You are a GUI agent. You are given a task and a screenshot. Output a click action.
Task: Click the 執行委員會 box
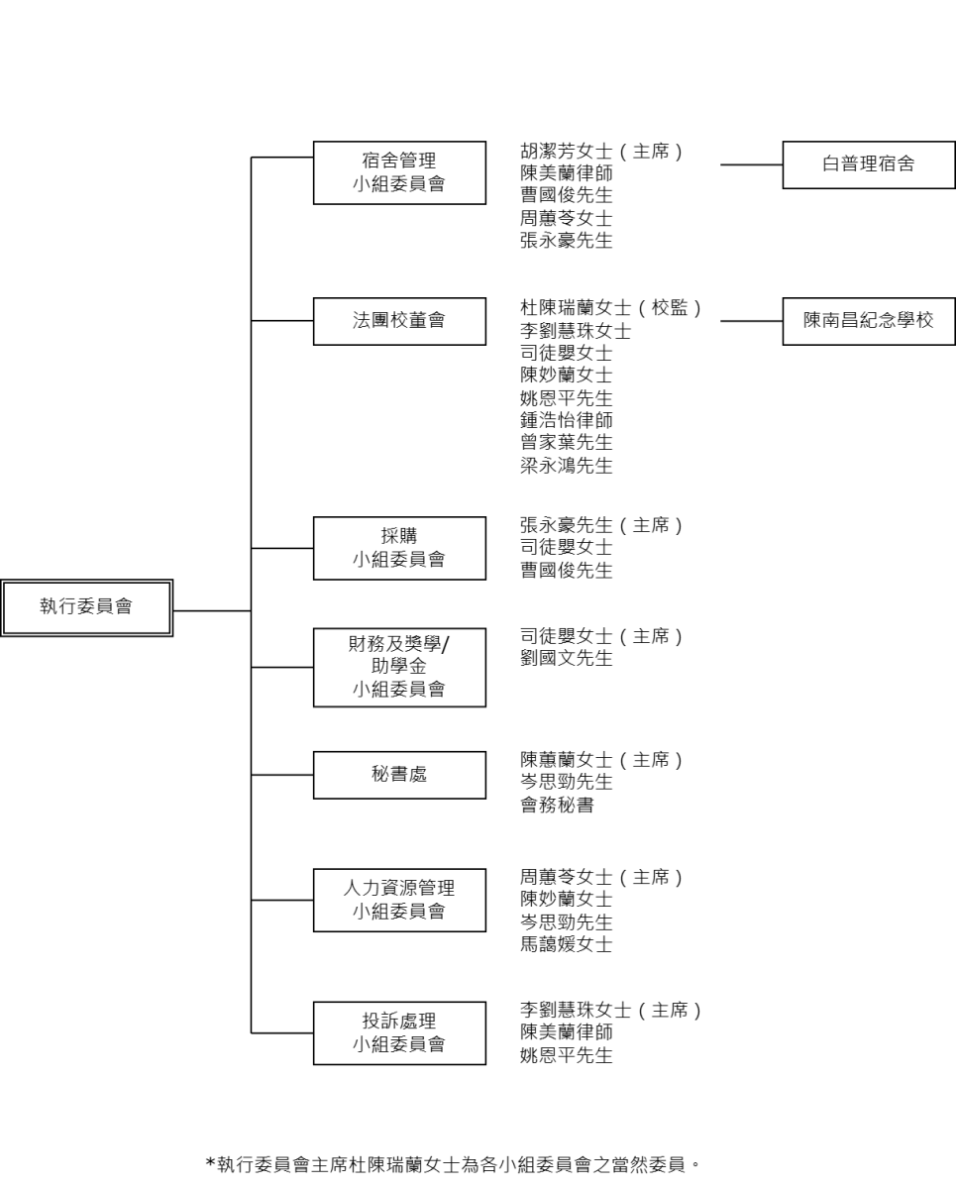click(87, 607)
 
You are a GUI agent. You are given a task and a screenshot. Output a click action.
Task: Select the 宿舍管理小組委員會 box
click(399, 173)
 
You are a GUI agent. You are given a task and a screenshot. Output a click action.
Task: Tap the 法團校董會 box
click(399, 322)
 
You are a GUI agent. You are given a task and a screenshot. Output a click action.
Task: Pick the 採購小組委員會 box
click(399, 548)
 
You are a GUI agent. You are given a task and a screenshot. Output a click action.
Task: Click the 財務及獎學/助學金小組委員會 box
click(399, 668)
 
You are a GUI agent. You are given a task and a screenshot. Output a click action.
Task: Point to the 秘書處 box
click(399, 775)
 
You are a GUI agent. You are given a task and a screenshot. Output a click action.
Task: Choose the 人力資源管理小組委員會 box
click(399, 900)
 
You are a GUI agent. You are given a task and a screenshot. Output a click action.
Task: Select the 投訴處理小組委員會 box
click(399, 1032)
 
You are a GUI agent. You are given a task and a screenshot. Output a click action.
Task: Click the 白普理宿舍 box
click(869, 164)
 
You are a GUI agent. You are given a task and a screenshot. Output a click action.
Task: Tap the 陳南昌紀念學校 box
click(869, 322)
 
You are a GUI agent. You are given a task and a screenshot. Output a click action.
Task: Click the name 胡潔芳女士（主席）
click(601, 151)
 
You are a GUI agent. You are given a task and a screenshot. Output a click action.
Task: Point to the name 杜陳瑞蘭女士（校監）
click(611, 308)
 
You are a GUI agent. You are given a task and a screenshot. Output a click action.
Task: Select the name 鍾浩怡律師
click(567, 420)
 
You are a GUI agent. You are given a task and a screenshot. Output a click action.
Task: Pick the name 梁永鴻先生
click(567, 466)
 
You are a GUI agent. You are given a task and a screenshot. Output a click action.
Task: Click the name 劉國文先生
click(567, 658)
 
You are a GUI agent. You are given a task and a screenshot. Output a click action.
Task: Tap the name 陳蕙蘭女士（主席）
click(601, 760)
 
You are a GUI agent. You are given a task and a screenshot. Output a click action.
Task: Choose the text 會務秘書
click(557, 805)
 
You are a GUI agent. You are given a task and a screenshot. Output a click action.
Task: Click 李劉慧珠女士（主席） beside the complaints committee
click(611, 1010)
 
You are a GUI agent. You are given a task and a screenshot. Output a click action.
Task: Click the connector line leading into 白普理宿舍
click(752, 164)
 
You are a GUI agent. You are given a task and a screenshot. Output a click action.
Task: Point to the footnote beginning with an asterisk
click(453, 1164)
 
